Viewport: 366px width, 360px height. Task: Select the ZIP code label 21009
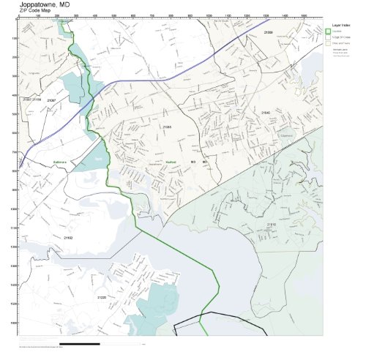(x=268, y=33)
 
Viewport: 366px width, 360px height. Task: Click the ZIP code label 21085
(x=167, y=127)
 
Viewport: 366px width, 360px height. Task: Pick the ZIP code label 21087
(x=51, y=99)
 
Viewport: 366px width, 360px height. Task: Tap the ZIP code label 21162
(x=68, y=237)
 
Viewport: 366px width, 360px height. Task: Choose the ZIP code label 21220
(x=101, y=297)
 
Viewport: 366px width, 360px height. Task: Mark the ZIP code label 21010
(x=270, y=223)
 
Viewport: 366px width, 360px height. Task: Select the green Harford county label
(x=162, y=162)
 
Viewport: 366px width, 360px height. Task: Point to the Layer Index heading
(x=337, y=25)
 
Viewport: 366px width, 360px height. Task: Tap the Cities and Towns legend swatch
(x=329, y=44)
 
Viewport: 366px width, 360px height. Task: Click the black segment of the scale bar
(x=79, y=342)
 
